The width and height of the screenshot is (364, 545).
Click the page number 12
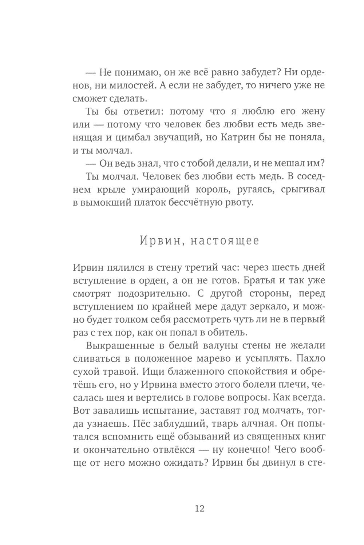pyautogui.click(x=200, y=508)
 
